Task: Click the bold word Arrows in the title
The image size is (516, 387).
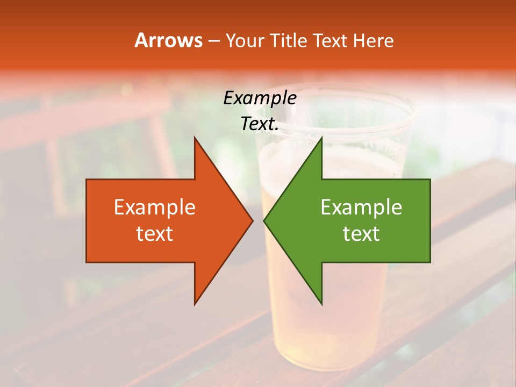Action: click(x=169, y=40)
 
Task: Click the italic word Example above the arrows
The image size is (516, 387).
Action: click(x=260, y=98)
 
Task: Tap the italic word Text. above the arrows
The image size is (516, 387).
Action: click(x=260, y=124)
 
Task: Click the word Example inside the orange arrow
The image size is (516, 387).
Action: click(x=155, y=207)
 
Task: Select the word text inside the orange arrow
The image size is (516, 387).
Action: click(x=155, y=234)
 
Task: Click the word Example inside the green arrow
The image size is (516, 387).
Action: click(x=361, y=207)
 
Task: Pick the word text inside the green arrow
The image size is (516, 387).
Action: click(x=361, y=234)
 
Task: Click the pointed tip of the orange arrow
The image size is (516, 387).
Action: click(x=253, y=220)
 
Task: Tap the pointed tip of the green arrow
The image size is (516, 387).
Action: click(x=264, y=220)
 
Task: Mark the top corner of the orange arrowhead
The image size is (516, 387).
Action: click(x=195, y=138)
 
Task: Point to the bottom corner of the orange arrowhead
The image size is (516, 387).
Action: click(x=195, y=304)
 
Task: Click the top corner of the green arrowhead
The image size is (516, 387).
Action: click(x=321, y=138)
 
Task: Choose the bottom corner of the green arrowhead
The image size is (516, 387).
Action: click(x=321, y=304)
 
